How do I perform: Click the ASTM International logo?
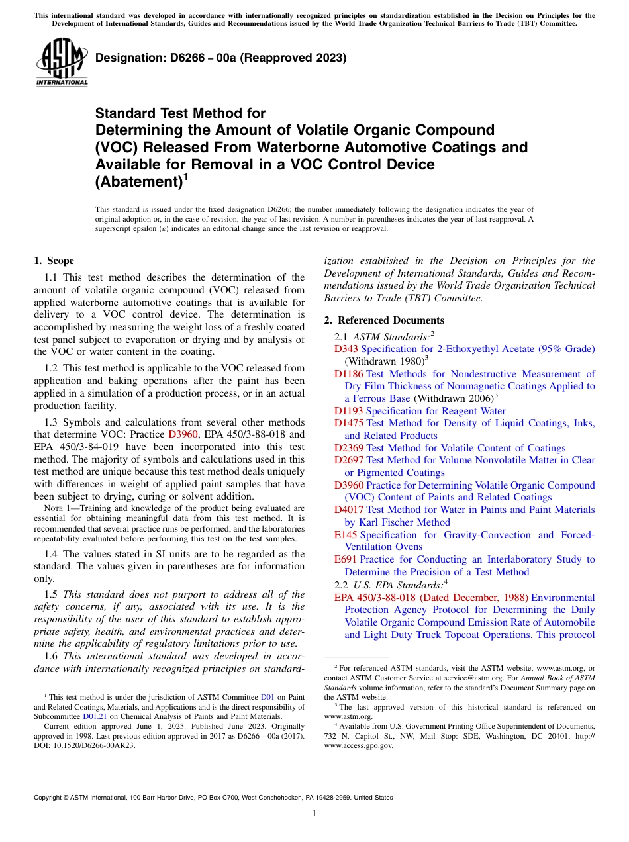[62, 62]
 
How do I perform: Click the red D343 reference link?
[346, 349]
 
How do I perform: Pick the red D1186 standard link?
[349, 374]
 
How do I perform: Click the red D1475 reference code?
[349, 423]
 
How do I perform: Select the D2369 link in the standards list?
[349, 448]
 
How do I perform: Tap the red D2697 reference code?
[349, 460]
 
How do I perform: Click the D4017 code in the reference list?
[349, 510]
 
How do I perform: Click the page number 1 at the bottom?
[314, 814]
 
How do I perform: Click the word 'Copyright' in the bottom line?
[50, 798]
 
